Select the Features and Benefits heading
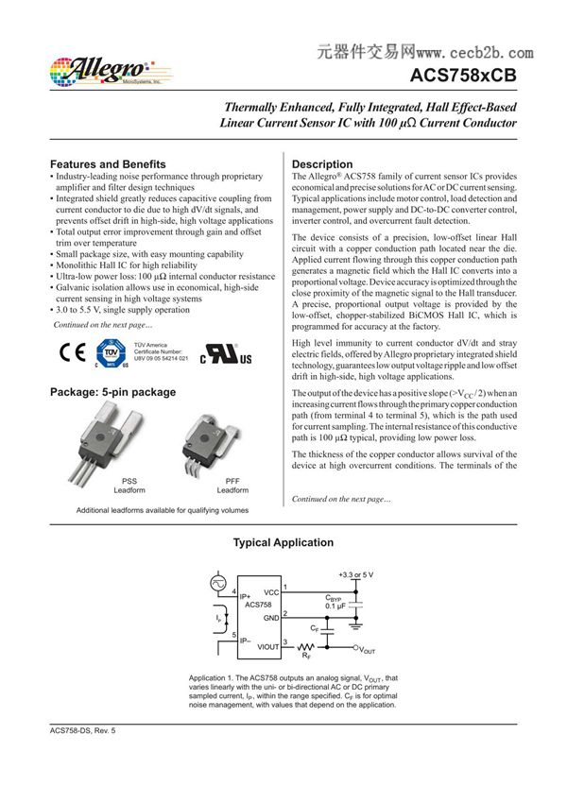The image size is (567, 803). tap(108, 164)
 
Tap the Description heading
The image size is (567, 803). tap(322, 164)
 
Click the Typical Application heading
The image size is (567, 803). tap(283, 542)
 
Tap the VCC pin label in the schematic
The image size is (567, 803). tap(272, 591)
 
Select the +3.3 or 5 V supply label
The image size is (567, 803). tap(355, 573)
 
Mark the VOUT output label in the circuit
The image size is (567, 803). tap(368, 651)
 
